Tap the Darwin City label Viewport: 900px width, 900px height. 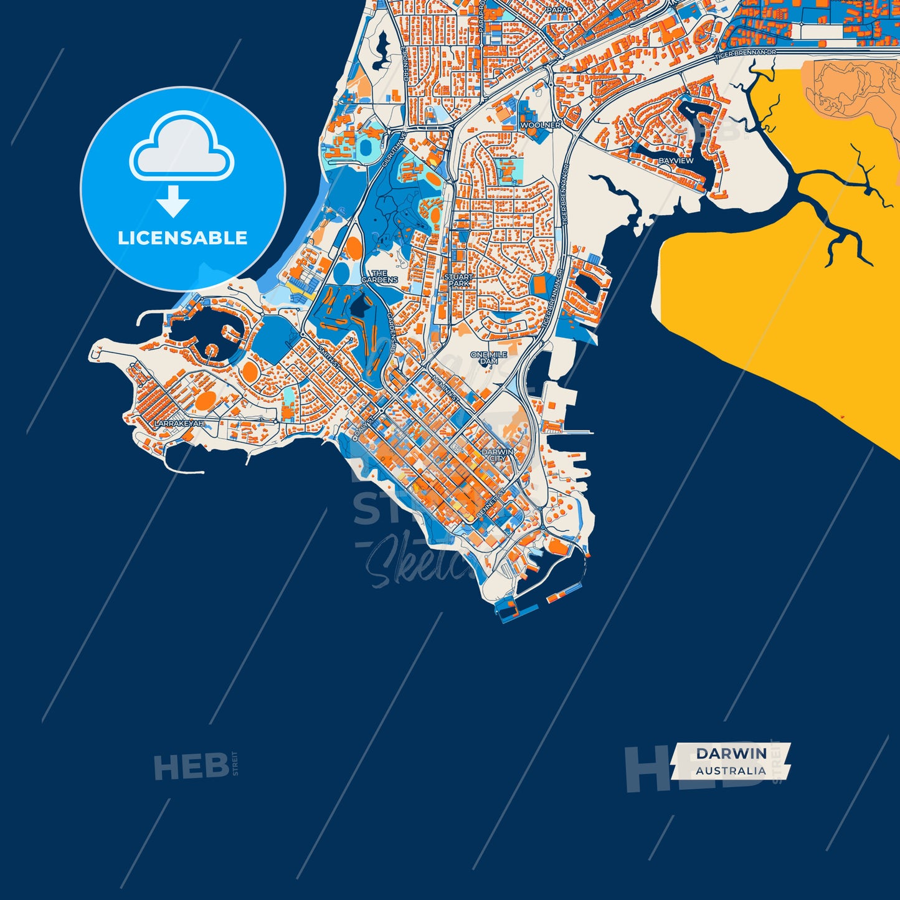pos(498,455)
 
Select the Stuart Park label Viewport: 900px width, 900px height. pos(458,280)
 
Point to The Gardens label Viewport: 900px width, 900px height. pos(379,277)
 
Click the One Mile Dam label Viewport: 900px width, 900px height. pos(489,358)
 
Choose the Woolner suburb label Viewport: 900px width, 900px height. pos(540,125)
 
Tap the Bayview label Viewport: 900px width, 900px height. pos(676,161)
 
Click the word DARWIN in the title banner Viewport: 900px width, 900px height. pos(731,753)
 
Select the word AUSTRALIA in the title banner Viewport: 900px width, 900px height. pos(731,770)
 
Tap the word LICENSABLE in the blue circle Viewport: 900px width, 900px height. pos(182,238)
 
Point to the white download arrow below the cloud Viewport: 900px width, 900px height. pos(173,201)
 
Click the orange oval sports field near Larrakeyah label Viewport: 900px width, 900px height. pos(206,399)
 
